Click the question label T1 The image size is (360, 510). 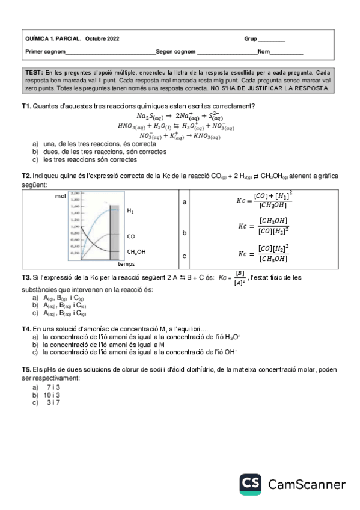point(26,106)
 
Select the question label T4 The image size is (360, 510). point(26,329)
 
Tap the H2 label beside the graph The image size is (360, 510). point(130,212)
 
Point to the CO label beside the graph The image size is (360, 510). point(131,237)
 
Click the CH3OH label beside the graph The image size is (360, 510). point(136,252)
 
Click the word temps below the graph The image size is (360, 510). point(126,265)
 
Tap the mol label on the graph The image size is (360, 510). point(60,196)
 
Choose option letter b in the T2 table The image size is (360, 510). point(185,232)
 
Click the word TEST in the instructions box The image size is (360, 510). point(34,72)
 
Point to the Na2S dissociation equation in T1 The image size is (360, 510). point(179,116)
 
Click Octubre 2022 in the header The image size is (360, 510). point(102,39)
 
